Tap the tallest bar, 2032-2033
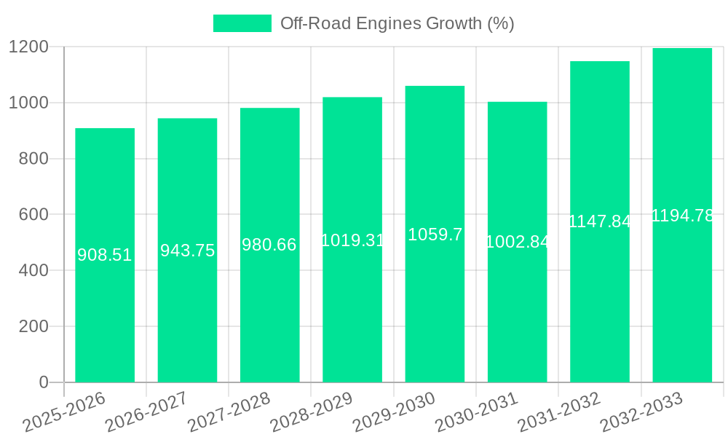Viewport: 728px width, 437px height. tap(682, 291)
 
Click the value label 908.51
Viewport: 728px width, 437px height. tap(105, 255)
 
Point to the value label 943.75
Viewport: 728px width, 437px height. tap(188, 251)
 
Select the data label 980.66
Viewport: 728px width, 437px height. tap(269, 245)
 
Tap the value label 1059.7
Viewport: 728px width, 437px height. tap(435, 235)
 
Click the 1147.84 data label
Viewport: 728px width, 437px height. tap(599, 221)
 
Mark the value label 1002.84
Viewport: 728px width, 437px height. tap(517, 242)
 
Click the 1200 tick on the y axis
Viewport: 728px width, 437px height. tap(28, 47)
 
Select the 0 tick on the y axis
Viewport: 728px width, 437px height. tap(44, 382)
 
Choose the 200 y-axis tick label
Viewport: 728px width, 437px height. tap(33, 326)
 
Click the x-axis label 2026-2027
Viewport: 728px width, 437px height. tap(146, 412)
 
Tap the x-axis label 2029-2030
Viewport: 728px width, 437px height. tap(394, 412)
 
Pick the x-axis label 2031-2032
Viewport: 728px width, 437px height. tap(559, 412)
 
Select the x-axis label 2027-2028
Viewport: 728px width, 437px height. tap(229, 412)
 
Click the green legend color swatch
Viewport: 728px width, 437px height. tap(242, 23)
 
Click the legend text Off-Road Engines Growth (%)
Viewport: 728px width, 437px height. tap(397, 23)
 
